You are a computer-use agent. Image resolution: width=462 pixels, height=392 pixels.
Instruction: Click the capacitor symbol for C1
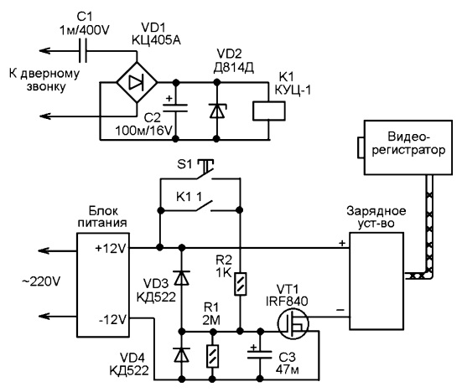pos(83,51)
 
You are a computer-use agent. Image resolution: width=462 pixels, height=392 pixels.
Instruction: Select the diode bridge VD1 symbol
pos(137,82)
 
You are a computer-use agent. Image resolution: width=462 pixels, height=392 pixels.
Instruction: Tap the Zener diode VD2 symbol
pos(217,111)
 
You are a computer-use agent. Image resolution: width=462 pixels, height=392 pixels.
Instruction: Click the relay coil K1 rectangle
pos(269,111)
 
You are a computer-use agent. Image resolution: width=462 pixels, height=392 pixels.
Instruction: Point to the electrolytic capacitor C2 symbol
pos(175,107)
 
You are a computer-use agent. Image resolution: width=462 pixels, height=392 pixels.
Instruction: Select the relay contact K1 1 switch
pos(203,207)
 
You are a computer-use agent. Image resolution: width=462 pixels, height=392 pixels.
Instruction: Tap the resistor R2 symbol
pos(240,284)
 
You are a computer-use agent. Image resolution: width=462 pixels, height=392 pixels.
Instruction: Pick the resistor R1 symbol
pos(212,356)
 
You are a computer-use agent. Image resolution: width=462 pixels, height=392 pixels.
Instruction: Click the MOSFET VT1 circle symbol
pos(293,323)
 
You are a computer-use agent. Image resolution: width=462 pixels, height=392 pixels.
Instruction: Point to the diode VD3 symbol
pos(182,278)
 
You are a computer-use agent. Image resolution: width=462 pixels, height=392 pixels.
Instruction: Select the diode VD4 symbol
pos(182,354)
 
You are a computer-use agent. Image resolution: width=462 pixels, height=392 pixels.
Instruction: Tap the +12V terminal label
pos(111,249)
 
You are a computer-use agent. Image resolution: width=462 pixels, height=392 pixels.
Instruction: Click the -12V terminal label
pos(112,320)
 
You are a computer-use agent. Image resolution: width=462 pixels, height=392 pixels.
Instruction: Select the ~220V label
pos(41,281)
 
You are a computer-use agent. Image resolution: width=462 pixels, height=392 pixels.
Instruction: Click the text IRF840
pos(287,301)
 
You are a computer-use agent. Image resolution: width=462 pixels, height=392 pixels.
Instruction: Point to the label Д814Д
pos(233,68)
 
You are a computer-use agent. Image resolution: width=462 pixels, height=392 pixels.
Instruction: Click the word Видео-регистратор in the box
pos(408,143)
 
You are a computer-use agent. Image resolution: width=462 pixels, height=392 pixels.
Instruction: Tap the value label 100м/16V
pos(143,131)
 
